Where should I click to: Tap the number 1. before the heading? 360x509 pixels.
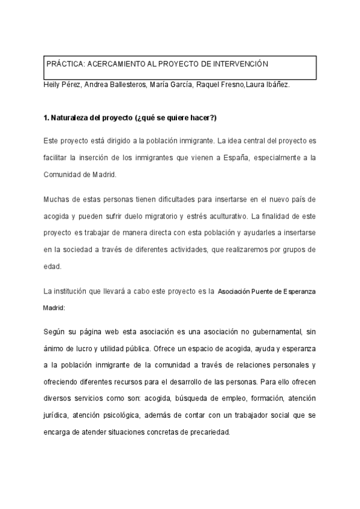47,116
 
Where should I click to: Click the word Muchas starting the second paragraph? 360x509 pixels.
56,199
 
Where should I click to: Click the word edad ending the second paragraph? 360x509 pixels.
53,265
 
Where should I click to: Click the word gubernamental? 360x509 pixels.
274,331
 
